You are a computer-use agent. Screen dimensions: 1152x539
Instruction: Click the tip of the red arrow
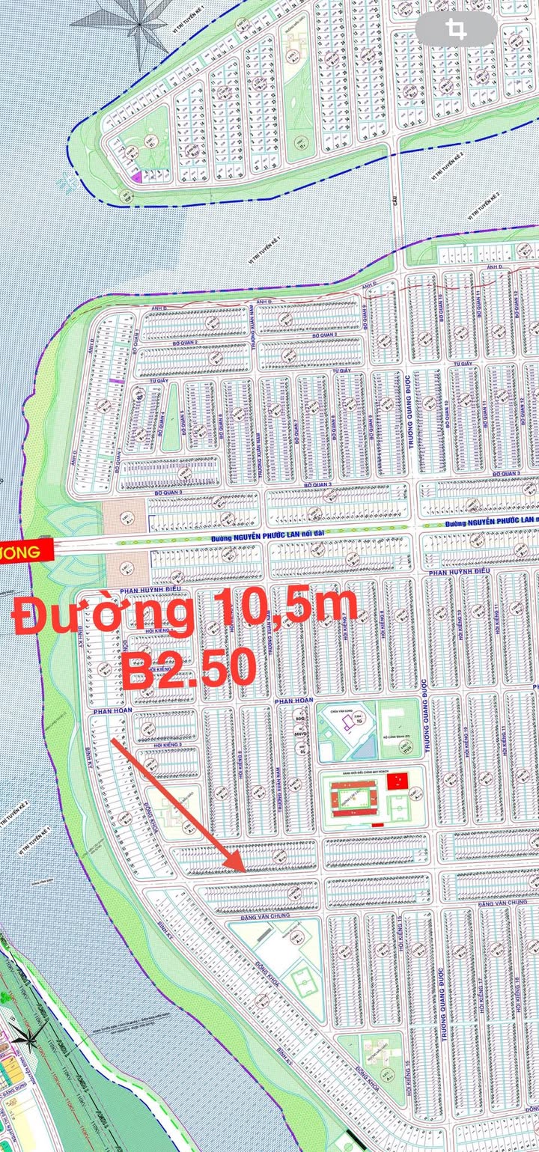[245, 871]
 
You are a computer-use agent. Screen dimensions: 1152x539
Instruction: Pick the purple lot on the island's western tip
[137, 177]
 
